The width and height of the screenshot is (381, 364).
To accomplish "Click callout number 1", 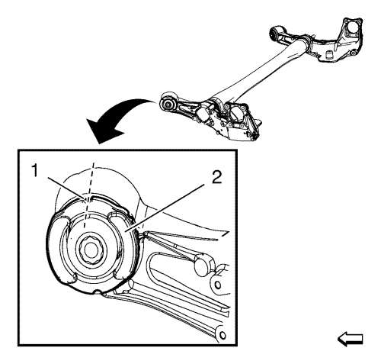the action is pos(34,170).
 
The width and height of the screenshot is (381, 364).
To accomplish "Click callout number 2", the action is pos(216,177).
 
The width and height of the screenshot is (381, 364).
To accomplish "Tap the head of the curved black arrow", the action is pos(103,130).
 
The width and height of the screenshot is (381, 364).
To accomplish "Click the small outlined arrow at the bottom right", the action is pos(350,339).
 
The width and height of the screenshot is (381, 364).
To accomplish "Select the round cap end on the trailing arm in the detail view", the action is pos(203,265).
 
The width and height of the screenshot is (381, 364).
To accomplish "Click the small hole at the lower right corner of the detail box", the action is pos(222,334).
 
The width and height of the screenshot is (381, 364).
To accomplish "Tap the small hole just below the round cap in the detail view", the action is pos(217,285).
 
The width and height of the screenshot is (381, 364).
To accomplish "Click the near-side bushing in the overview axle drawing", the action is pos(168,105).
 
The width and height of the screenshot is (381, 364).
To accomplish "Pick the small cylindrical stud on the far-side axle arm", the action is pos(329,55).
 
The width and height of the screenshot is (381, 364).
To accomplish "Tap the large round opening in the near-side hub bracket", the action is pos(237,113).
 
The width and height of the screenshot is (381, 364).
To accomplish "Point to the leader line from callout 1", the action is pos(66,188).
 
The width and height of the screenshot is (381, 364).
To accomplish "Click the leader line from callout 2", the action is pos(166,208).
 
